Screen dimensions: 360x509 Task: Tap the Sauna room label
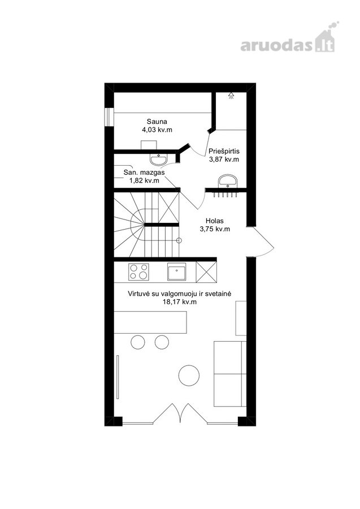(157, 122)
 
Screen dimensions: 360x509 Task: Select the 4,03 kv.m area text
(157, 130)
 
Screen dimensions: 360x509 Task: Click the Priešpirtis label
(224, 151)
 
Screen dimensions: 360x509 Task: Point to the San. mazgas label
(144, 172)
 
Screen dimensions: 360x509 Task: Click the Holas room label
(215, 221)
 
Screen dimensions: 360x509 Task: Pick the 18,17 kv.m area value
(179, 302)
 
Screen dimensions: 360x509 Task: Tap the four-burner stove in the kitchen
(139, 271)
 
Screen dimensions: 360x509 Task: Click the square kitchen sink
(177, 271)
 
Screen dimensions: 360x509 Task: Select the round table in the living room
(189, 376)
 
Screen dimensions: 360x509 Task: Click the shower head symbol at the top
(231, 95)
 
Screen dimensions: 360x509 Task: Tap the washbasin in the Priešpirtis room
(228, 181)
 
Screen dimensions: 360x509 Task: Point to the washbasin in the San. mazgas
(159, 159)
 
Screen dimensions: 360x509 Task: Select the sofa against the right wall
(230, 374)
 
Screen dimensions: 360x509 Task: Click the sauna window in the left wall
(109, 117)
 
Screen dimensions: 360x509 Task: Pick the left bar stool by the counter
(137, 342)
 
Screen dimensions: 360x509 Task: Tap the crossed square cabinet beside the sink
(206, 271)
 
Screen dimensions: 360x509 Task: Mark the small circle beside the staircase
(179, 240)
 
